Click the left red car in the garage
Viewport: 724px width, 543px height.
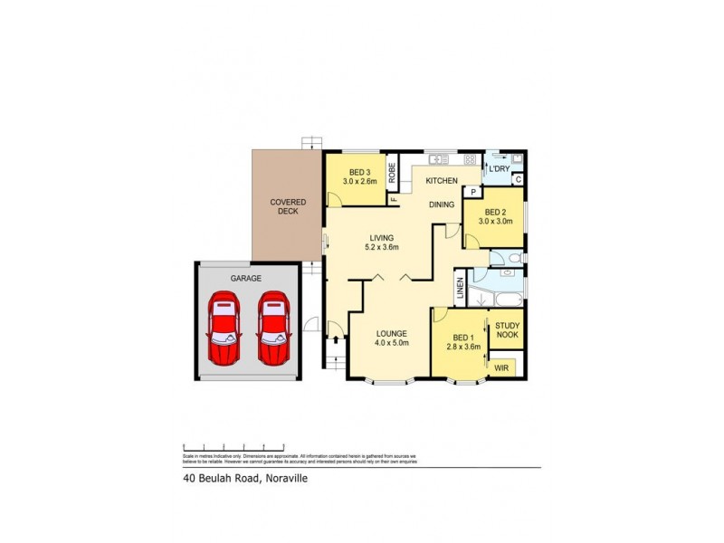click(223, 329)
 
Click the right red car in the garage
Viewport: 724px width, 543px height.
click(273, 329)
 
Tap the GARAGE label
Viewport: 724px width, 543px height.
click(245, 280)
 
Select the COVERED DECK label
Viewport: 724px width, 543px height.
click(289, 206)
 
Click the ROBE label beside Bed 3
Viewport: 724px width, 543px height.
click(392, 171)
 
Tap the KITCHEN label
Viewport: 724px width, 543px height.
click(442, 182)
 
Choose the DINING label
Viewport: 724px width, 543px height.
click(442, 205)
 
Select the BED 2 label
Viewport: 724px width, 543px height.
click(495, 209)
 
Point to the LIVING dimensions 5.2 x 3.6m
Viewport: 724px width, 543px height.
click(382, 247)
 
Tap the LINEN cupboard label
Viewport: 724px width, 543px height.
click(460, 290)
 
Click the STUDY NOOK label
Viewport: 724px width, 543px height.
click(506, 329)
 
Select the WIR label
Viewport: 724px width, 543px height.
click(501, 368)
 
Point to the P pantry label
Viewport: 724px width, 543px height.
click(472, 192)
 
